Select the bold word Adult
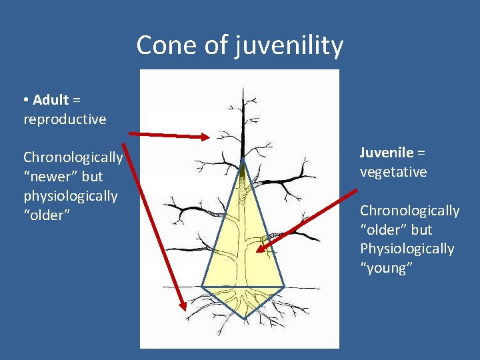tap(51, 100)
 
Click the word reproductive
tap(65, 119)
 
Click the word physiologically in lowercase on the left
tap(70, 196)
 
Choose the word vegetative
tap(393, 171)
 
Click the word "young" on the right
tap(387, 268)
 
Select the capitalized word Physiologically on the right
tap(407, 249)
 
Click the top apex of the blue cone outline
tap(243, 160)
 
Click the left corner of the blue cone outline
tap(202, 287)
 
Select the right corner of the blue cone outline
tap(285, 287)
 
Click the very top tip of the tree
tap(243, 88)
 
